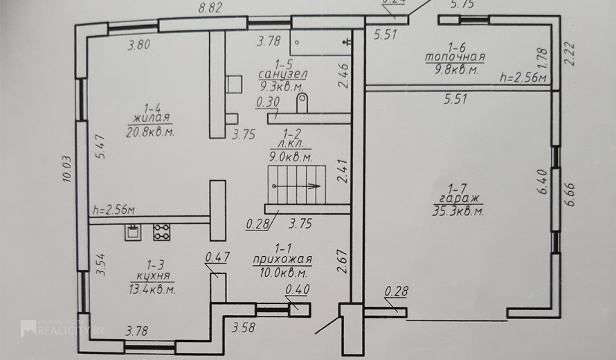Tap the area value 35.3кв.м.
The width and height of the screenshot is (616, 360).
click(458, 211)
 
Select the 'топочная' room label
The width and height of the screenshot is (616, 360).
click(455, 57)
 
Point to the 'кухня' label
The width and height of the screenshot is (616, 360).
click(153, 276)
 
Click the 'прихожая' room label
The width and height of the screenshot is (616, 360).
click(282, 260)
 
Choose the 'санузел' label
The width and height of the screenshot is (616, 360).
click(283, 74)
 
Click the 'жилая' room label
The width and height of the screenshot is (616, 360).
click(152, 118)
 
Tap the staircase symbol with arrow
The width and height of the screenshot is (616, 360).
click(297, 185)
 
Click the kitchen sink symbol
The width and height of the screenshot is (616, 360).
click(133, 232)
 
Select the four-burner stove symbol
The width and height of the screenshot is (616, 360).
click(162, 232)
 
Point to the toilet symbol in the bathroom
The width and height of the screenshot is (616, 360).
click(302, 103)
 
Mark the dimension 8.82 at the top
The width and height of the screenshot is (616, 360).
click(210, 8)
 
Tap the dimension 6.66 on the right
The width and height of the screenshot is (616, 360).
click(570, 194)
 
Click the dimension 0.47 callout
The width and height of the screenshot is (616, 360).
click(217, 257)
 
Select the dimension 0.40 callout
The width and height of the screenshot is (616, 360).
click(298, 289)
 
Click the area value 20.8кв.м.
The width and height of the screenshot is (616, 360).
click(150, 132)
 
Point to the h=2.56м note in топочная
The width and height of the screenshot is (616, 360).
click(523, 78)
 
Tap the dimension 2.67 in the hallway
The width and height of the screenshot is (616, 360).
click(343, 262)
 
